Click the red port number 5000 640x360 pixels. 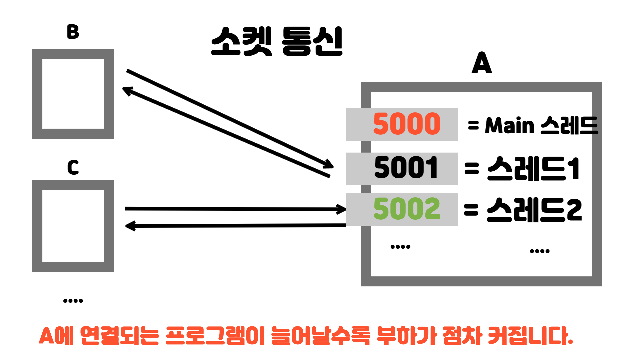click(407, 124)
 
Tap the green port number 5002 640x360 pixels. click(407, 209)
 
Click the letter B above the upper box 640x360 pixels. click(73, 32)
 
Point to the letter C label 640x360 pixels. click(73, 167)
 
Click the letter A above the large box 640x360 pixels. click(482, 63)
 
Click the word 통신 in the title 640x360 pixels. click(312, 41)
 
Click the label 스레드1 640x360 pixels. click(533, 169)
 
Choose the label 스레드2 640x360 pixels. click(534, 210)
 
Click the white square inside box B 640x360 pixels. click(73, 94)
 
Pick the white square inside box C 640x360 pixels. click(73, 226)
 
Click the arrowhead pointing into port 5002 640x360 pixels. click(342, 209)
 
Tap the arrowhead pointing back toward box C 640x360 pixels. click(130, 226)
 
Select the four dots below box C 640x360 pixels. click(73, 301)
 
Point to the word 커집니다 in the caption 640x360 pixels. click(530, 336)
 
